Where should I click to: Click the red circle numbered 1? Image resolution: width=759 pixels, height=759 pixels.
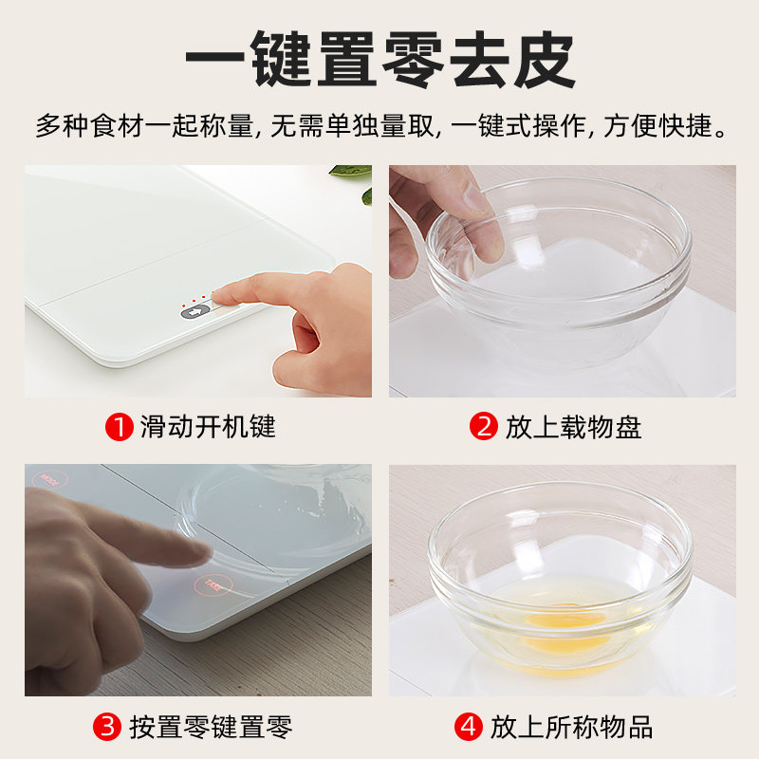(x=120, y=427)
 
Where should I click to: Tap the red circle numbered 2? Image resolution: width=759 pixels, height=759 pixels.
(x=484, y=426)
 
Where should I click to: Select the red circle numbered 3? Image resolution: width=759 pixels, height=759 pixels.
(x=107, y=727)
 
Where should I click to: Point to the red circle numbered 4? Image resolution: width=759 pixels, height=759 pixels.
(x=469, y=727)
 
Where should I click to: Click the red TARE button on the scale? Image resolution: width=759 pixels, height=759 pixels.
(x=213, y=585)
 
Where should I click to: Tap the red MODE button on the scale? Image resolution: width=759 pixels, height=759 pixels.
(x=49, y=480)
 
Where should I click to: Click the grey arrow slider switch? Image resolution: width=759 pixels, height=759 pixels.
(x=195, y=312)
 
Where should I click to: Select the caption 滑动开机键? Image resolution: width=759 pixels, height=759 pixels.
(x=208, y=427)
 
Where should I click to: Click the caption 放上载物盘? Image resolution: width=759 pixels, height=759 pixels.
(x=573, y=427)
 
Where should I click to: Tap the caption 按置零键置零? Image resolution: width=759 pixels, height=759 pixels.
(x=211, y=727)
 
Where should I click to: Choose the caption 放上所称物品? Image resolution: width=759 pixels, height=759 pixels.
(x=572, y=727)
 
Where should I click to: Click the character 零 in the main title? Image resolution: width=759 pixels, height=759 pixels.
(x=413, y=59)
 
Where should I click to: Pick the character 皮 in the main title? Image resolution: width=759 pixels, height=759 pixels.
(x=544, y=59)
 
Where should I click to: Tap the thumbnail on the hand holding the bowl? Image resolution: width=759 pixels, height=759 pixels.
(x=476, y=197)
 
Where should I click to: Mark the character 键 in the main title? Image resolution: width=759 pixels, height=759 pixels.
(x=281, y=59)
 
